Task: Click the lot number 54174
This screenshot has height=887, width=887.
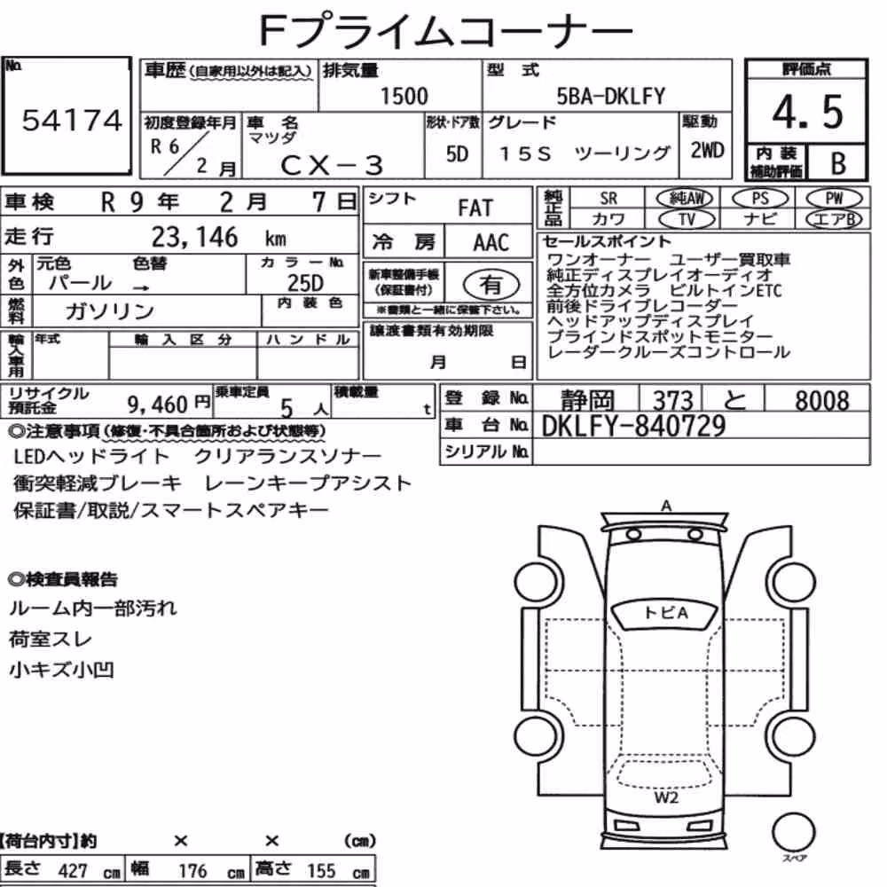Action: pos(72,121)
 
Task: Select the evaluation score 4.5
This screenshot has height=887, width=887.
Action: pos(807,112)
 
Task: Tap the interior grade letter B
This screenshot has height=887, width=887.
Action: pos(838,163)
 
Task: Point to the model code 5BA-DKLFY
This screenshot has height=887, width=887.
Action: pos(610,96)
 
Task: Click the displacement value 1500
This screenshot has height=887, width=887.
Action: pos(404,96)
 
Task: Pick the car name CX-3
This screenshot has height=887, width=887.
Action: pos(332,166)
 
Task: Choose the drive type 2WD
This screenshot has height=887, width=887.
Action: pos(707,151)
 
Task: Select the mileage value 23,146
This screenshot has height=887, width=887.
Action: pos(194,238)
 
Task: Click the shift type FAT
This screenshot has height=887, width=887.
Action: pos(475,208)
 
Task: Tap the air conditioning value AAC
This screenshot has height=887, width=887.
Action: pos(491,243)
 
